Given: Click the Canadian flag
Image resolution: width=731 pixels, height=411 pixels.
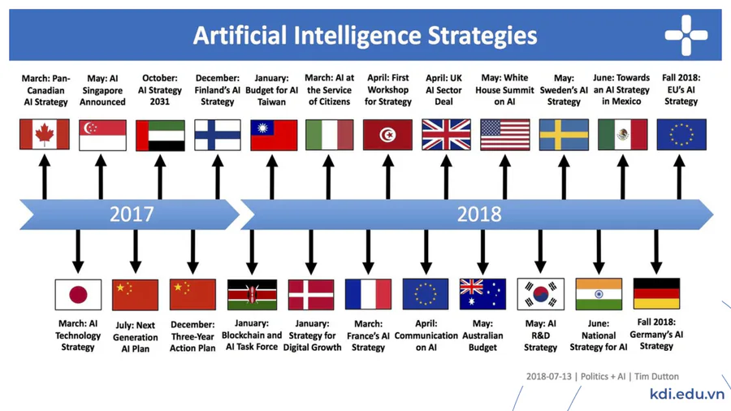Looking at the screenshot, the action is coord(45,134).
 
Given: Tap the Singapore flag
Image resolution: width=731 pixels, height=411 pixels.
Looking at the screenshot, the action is coord(102,135).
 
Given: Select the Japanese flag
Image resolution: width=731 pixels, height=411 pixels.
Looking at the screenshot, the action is coord(78,295).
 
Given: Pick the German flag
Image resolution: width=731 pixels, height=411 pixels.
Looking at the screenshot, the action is coord(656,293).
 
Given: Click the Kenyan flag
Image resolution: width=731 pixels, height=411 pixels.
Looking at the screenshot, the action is coord(253,295).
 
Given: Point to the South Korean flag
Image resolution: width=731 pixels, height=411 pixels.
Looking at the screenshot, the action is coord(541,294).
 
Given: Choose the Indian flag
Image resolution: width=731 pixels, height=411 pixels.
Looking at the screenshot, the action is coord(599,294).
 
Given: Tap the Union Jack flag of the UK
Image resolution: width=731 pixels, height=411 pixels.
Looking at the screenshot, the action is coord(446,135).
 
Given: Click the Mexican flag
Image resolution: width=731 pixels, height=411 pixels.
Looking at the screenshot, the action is coord(623,135).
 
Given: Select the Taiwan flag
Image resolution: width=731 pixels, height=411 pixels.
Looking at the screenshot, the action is coord(274,135).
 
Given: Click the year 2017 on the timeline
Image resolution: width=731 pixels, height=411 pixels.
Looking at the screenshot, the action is coord(132,214).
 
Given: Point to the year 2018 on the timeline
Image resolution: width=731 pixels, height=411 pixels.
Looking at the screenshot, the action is coord(479,214).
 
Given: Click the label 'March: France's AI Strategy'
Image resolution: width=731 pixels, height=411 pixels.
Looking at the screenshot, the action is coord(368,335).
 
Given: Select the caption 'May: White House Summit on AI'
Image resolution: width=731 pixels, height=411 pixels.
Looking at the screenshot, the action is coord(505,89).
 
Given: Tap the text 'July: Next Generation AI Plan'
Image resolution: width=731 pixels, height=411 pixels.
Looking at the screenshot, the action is coord(136,337).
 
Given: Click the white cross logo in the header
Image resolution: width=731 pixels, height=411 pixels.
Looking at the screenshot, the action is coord(686,35).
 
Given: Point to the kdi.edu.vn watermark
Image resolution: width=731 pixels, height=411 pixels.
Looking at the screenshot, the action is coord(686,394).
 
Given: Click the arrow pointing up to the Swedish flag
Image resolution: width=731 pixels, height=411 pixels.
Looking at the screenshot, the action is coord(564,178).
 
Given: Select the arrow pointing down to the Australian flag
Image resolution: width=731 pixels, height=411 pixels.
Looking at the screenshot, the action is coord(483,252).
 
